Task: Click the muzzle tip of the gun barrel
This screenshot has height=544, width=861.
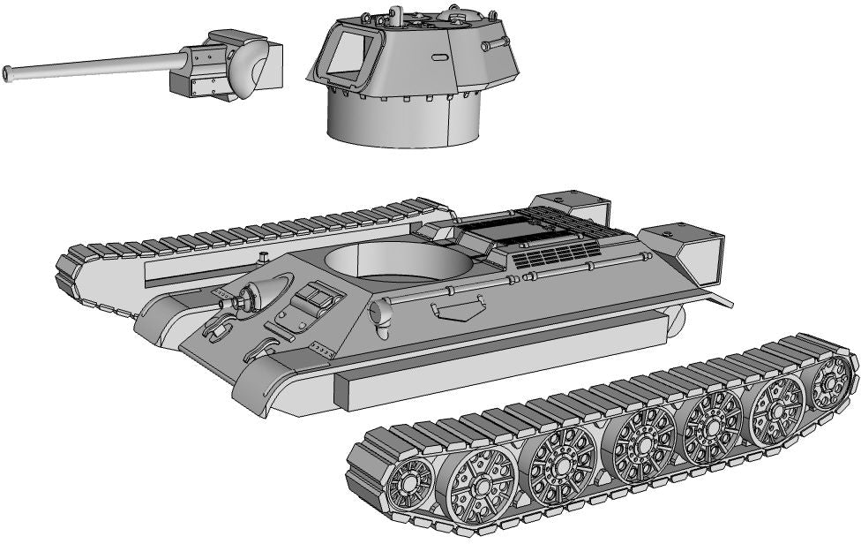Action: tap(7, 74)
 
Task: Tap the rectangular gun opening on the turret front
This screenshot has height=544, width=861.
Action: tap(348, 56)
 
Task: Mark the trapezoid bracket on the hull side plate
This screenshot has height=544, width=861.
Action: tap(459, 309)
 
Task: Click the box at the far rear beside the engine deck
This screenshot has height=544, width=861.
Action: tap(573, 208)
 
